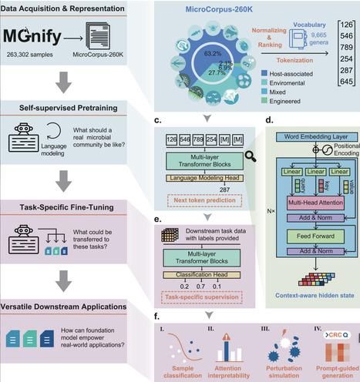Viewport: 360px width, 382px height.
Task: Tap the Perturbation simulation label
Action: pyautogui.click(x=274, y=372)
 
